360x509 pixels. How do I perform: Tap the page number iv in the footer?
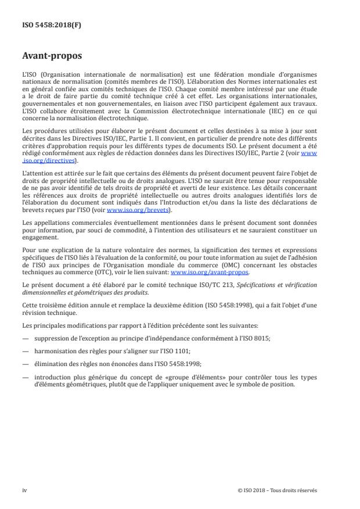pos(24,490)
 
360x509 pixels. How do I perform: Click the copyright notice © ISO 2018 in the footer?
pos(278,490)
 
